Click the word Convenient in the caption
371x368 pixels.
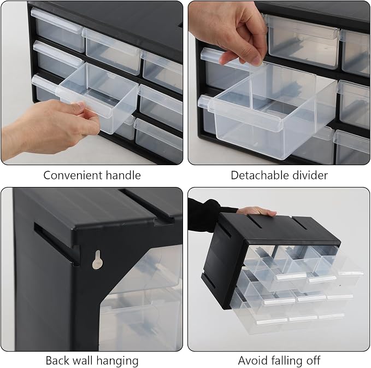coord(73,176)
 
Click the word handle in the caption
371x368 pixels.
coord(123,176)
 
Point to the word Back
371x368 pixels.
coord(57,361)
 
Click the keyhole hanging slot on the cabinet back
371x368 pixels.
coord(97,260)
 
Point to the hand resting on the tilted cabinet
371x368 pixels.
coord(257,211)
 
